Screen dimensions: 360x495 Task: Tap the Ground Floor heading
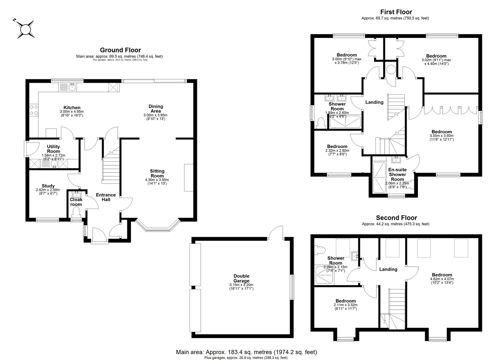click(120, 50)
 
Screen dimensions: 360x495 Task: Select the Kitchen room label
click(72, 107)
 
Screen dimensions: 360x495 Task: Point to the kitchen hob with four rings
click(34, 110)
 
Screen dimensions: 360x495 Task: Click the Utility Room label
click(53, 149)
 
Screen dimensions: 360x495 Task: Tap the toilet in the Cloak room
click(76, 212)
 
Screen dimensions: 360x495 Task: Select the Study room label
click(48, 186)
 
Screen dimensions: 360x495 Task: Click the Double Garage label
click(241, 278)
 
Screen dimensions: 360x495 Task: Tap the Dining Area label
click(156, 109)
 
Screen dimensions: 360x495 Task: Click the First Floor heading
click(396, 12)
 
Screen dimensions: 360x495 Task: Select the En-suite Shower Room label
click(397, 174)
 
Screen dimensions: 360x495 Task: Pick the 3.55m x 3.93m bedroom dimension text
click(441, 136)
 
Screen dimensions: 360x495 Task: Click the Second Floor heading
click(396, 218)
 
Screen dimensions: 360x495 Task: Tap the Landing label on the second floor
click(388, 269)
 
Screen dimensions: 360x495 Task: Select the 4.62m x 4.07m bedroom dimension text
click(441, 279)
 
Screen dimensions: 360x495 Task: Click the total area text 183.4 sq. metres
click(246, 352)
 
